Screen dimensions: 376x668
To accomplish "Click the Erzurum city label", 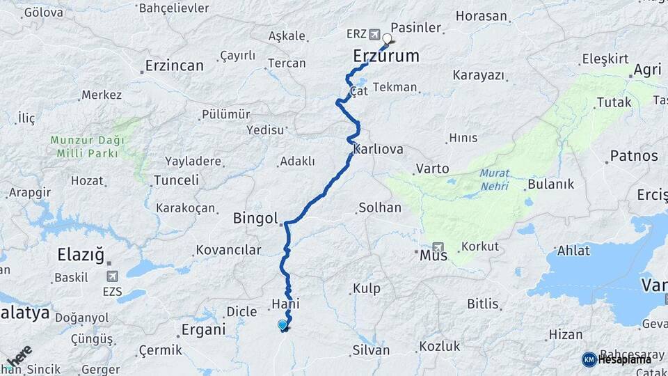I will pyautogui.click(x=386, y=56).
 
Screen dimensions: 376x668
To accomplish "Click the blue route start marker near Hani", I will pyautogui.click(x=282, y=324).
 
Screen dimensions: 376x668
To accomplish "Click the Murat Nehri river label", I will pyautogui.click(x=494, y=180).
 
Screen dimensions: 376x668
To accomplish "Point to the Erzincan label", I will pyautogui.click(x=174, y=66).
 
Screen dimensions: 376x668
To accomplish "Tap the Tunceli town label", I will pyautogui.click(x=175, y=180).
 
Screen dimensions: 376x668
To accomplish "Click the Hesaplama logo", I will pyautogui.click(x=617, y=359).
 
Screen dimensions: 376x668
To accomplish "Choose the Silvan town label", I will pyautogui.click(x=372, y=350).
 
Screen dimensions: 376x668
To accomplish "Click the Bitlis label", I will pyautogui.click(x=483, y=304).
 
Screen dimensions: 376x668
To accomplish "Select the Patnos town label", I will pyautogui.click(x=633, y=155).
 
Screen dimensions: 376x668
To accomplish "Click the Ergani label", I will pyautogui.click(x=203, y=329).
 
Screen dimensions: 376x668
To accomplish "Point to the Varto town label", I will pyautogui.click(x=432, y=169).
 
